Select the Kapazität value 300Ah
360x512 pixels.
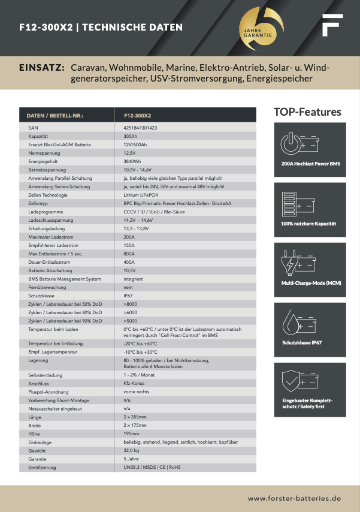tap(130, 136)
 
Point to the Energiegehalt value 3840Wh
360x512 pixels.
tap(132, 161)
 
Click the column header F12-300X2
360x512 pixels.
tap(137, 115)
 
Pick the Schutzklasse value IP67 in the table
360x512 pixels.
tap(128, 296)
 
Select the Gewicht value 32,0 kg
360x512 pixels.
tap(132, 450)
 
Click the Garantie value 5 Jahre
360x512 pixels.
tap(131, 459)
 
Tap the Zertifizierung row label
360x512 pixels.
tap(42, 467)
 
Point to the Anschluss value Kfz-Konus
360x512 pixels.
tap(134, 383)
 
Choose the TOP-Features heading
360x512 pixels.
tap(307, 112)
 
